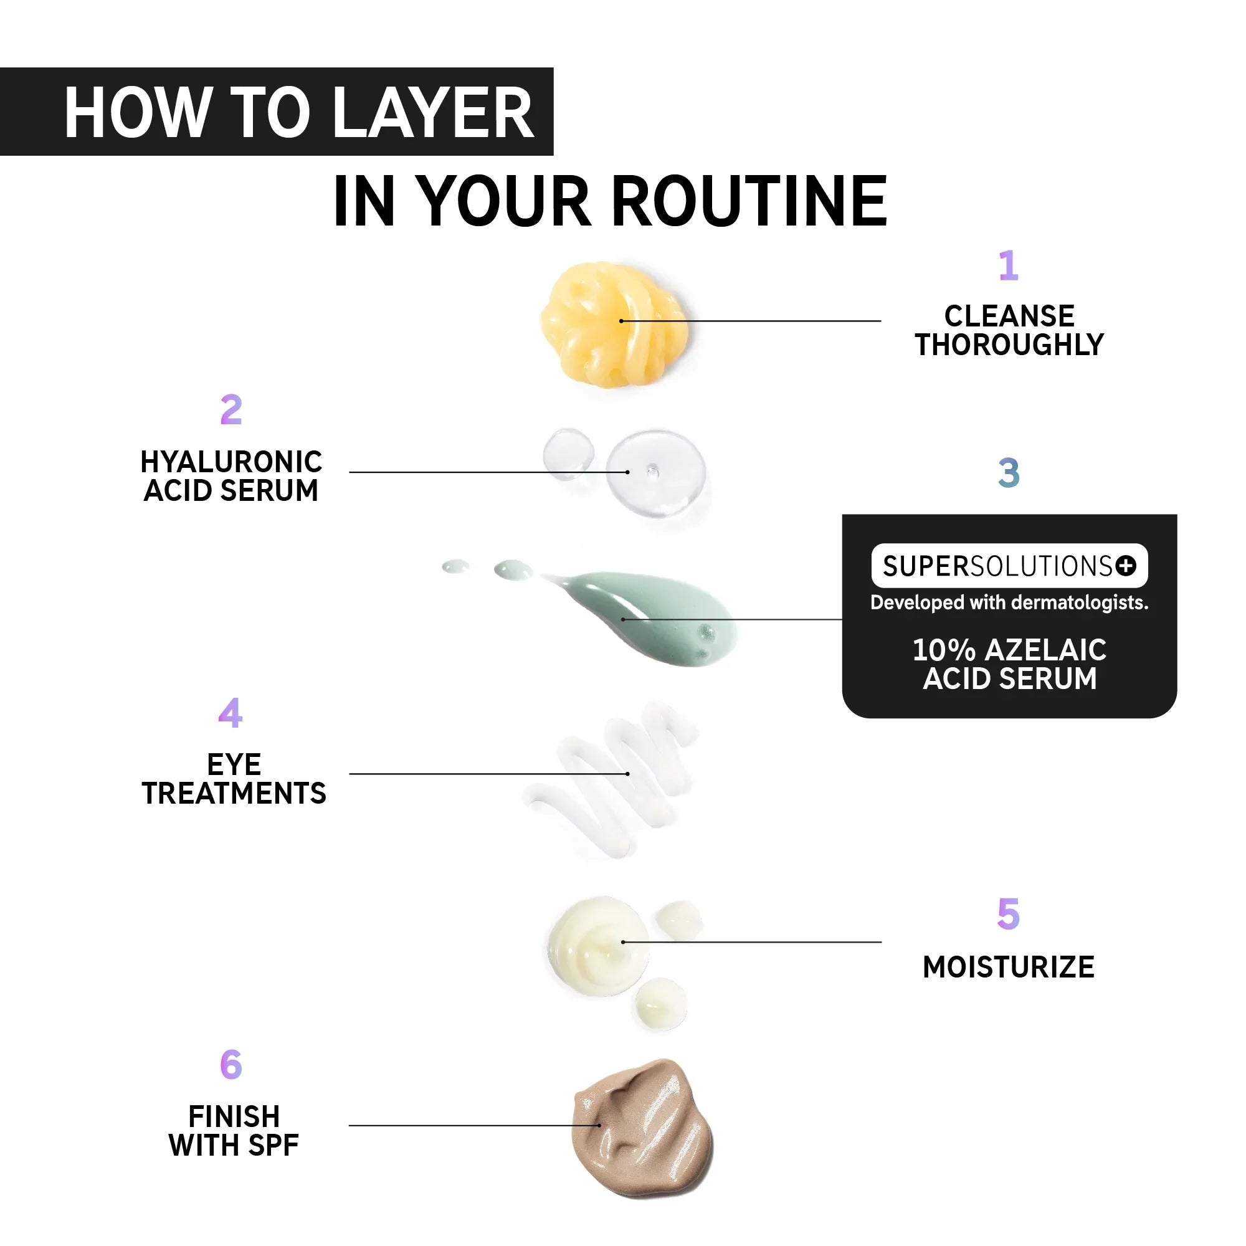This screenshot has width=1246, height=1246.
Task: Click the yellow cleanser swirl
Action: click(x=614, y=325)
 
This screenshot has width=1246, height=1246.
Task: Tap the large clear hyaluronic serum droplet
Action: click(x=655, y=473)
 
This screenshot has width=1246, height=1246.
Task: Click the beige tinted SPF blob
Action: click(x=642, y=1128)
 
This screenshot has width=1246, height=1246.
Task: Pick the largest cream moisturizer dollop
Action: click(x=598, y=946)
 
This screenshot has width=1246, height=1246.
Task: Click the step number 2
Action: click(x=231, y=409)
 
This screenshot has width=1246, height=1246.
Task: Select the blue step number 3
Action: click(x=1009, y=473)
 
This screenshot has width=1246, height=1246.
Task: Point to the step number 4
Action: click(x=231, y=713)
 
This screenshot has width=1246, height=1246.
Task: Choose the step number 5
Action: click(x=1009, y=914)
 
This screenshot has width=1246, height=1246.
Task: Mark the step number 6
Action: click(x=231, y=1065)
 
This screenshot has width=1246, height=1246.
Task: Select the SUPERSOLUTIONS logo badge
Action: click(x=1009, y=566)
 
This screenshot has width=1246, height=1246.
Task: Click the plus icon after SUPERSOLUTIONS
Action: click(x=1125, y=566)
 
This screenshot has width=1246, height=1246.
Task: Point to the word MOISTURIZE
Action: click(x=1009, y=968)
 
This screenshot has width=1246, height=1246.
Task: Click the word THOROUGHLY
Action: click(x=1009, y=345)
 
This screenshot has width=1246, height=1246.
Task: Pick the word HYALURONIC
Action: click(x=232, y=462)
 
